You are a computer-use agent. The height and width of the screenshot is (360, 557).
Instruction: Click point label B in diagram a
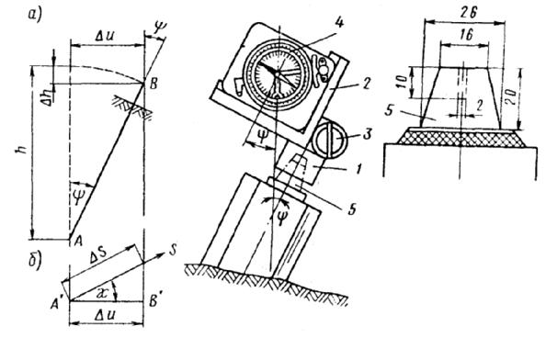(153, 84)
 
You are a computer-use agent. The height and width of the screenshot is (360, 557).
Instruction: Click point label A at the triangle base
(79, 242)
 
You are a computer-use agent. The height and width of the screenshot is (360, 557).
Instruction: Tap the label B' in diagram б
(155, 302)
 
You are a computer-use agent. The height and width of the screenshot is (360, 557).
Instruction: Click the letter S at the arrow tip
(173, 251)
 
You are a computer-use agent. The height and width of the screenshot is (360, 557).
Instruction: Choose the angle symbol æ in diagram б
(103, 293)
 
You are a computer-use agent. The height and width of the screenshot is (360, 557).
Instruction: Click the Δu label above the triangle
(105, 35)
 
